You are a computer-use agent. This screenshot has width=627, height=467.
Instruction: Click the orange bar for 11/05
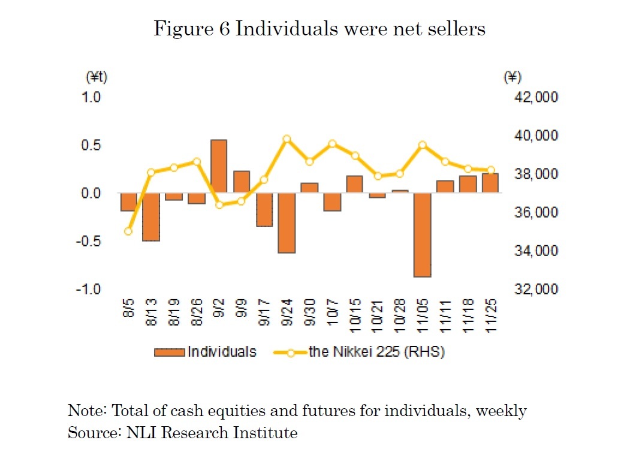pos(422,234)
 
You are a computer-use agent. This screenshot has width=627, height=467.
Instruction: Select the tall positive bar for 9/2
pos(219,166)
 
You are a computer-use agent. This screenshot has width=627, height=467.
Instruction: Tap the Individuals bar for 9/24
pos(287,222)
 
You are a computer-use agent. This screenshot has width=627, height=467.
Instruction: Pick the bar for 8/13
pos(151,216)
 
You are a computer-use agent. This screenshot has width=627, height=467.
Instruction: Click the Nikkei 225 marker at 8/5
pos(128,231)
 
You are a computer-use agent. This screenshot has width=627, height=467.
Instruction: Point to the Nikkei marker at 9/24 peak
pos(287,139)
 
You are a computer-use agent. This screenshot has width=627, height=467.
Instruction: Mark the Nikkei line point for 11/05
pos(422,145)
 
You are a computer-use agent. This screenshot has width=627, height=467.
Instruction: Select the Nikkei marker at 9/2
pos(219,205)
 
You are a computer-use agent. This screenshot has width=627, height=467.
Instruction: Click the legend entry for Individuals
pos(205,352)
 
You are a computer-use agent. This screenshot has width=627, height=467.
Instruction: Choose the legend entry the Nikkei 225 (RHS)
pos(360,352)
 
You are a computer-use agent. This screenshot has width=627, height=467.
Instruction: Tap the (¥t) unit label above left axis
pos(96,77)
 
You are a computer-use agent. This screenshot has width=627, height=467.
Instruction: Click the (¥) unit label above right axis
pos(513,77)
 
